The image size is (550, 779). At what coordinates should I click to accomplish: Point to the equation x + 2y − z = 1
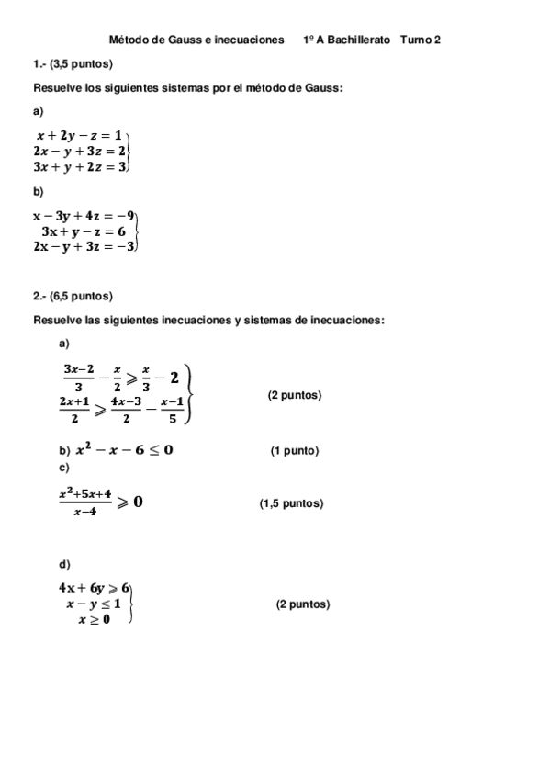click(x=79, y=134)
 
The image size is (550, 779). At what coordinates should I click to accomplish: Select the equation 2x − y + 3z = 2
click(x=79, y=150)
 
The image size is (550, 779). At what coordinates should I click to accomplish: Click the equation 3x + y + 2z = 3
click(x=79, y=166)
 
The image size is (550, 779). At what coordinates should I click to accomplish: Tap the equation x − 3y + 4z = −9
click(x=84, y=216)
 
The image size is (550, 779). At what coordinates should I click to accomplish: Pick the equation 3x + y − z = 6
click(x=84, y=231)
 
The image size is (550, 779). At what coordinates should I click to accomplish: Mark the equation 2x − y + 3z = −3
click(x=84, y=246)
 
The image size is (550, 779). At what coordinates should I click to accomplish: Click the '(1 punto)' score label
click(x=295, y=451)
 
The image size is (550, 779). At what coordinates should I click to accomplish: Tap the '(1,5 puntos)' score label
click(x=291, y=503)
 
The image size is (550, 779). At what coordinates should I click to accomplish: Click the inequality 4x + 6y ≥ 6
click(x=95, y=588)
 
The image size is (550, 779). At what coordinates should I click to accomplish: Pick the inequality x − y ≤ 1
click(x=94, y=604)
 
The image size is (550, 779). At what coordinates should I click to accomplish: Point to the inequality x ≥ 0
click(x=94, y=620)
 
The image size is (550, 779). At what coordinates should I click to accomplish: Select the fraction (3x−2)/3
click(x=79, y=377)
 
